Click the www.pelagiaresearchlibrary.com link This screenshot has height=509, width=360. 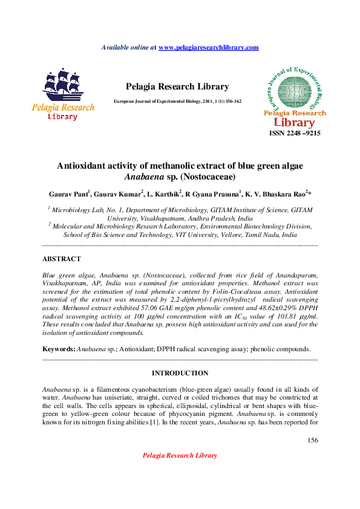(x=208, y=47)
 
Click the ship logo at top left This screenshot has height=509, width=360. (x=62, y=94)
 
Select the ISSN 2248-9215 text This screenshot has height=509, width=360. (x=295, y=133)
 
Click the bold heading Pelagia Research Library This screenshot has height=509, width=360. (x=177, y=86)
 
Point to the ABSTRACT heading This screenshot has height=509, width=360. (x=61, y=259)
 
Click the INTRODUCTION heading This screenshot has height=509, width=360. (x=180, y=373)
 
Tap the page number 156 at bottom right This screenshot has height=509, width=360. (x=313, y=439)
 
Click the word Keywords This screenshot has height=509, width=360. (x=58, y=349)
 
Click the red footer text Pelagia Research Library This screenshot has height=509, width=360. (x=180, y=455)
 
